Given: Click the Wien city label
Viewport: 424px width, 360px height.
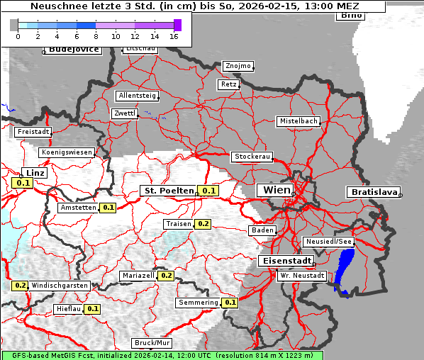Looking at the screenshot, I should tap(277, 190).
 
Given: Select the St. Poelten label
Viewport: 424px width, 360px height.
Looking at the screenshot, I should tap(169, 191).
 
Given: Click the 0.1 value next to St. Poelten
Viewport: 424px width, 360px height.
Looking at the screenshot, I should tap(208, 191).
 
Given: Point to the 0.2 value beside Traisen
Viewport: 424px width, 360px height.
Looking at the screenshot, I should tap(203, 224).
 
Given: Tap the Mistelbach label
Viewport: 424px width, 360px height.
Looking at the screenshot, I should tap(299, 121).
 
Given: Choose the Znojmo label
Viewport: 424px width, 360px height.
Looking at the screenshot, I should tap(238, 66).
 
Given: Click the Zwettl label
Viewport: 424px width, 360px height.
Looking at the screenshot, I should tap(124, 113).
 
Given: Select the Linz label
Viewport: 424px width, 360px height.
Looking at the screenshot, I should tap(34, 173).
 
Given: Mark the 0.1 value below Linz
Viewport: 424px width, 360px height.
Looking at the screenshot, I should tap(23, 184).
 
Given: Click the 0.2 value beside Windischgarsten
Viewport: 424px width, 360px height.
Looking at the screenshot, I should tap(20, 286).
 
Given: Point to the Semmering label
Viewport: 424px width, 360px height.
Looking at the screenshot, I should tap(199, 303).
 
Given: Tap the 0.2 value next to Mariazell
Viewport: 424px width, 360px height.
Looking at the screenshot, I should tap(166, 275).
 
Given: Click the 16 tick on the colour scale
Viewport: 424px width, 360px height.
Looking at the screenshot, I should tap(174, 35).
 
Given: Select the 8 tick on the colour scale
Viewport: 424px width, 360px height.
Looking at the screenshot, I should tap(96, 35).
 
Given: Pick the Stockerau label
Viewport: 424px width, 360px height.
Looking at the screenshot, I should tap(252, 157).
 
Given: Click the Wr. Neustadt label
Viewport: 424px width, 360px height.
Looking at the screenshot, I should tap(302, 275).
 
